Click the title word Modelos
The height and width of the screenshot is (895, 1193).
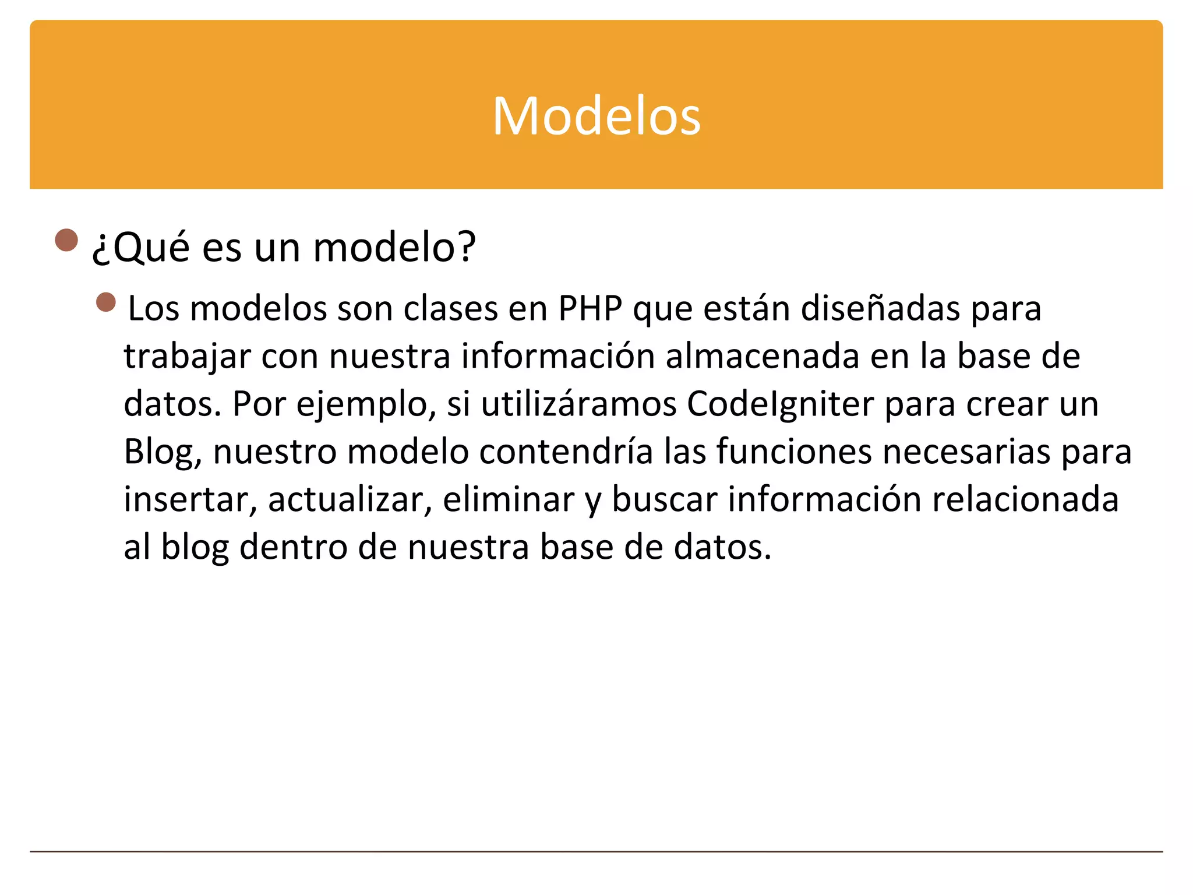(x=596, y=116)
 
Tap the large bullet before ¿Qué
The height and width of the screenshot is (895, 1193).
(x=66, y=239)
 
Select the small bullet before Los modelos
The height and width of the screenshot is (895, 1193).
(x=106, y=302)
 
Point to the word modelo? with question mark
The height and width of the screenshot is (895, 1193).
(x=394, y=248)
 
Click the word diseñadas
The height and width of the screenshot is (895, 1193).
(x=880, y=308)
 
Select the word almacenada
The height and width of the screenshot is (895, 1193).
(x=763, y=356)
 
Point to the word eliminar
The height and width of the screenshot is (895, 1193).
(x=509, y=500)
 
